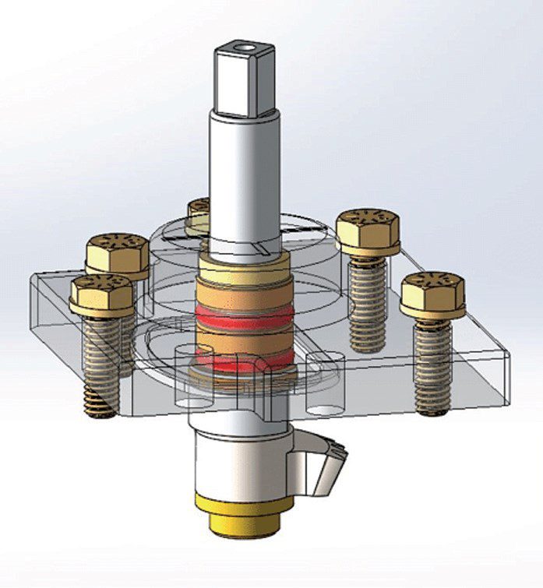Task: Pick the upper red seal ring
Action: pyautogui.click(x=245, y=315)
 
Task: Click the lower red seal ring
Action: pyautogui.click(x=245, y=361)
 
